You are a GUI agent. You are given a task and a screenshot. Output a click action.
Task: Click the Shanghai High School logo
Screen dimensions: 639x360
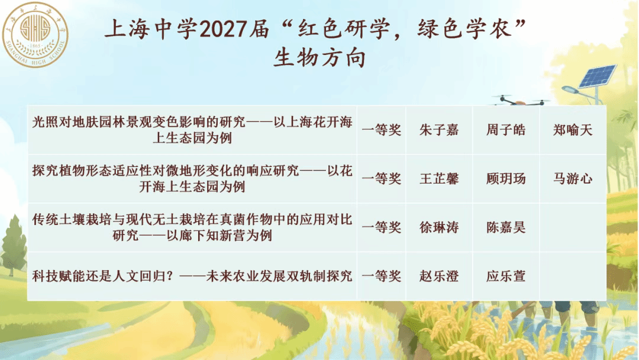click(35, 34)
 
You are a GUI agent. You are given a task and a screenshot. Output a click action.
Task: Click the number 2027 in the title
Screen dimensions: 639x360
click(224, 30)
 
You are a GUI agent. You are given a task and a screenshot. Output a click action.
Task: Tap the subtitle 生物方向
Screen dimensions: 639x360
click(319, 58)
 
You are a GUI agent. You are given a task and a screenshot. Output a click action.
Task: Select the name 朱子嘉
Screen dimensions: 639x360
click(439, 130)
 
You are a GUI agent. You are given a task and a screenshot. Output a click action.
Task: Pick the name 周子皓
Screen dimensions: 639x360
click(506, 130)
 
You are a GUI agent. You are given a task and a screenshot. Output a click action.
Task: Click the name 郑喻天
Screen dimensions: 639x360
click(573, 130)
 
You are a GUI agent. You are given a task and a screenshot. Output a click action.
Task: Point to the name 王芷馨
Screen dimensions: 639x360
click(439, 179)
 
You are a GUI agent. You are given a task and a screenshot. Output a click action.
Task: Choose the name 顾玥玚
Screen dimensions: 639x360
click(506, 179)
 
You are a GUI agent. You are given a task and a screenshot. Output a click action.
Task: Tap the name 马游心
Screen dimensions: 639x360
click(573, 179)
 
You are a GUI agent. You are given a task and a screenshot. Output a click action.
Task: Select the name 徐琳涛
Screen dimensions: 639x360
click(439, 227)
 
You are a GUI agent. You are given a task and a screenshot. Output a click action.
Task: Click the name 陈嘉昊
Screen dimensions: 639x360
click(506, 227)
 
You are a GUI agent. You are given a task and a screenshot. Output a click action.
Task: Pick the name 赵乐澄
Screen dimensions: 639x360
click(439, 277)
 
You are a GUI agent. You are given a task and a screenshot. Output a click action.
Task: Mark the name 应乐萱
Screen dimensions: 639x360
click(506, 277)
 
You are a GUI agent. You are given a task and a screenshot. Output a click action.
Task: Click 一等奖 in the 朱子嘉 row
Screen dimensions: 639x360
click(382, 130)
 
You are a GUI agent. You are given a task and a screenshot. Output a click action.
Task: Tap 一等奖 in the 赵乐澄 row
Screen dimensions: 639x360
click(382, 277)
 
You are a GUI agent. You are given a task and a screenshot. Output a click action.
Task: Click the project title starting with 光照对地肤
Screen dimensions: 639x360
click(192, 130)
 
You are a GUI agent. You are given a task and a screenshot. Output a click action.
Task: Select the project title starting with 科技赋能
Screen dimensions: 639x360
click(192, 277)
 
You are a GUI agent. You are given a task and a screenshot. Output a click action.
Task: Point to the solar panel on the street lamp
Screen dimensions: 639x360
click(598, 76)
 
